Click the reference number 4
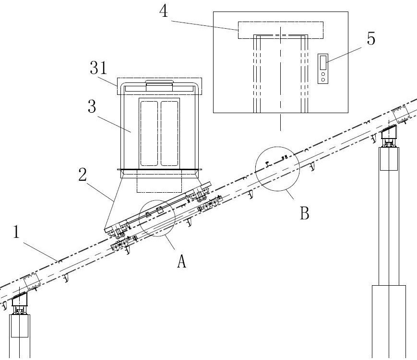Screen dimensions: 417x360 point(164,12)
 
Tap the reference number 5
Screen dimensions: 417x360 point(371,38)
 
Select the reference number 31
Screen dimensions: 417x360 point(98,68)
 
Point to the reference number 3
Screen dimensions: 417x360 point(92,107)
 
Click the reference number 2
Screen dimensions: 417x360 point(83,174)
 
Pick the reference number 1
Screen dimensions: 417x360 point(16,232)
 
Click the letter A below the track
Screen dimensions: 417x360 point(182,261)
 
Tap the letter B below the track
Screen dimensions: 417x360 point(305,213)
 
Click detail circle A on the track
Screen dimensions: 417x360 point(157,218)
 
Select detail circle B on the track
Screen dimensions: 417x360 point(277,169)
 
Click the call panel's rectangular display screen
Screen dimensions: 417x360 point(323,62)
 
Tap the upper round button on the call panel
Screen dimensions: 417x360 point(323,74)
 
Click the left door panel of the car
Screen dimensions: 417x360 point(149,133)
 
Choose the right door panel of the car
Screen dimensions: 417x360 point(169,133)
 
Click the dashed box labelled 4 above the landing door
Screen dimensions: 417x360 point(281,30)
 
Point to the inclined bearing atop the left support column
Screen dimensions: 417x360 point(20,299)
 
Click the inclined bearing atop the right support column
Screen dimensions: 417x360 point(389,132)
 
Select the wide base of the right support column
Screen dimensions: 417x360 point(389,322)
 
